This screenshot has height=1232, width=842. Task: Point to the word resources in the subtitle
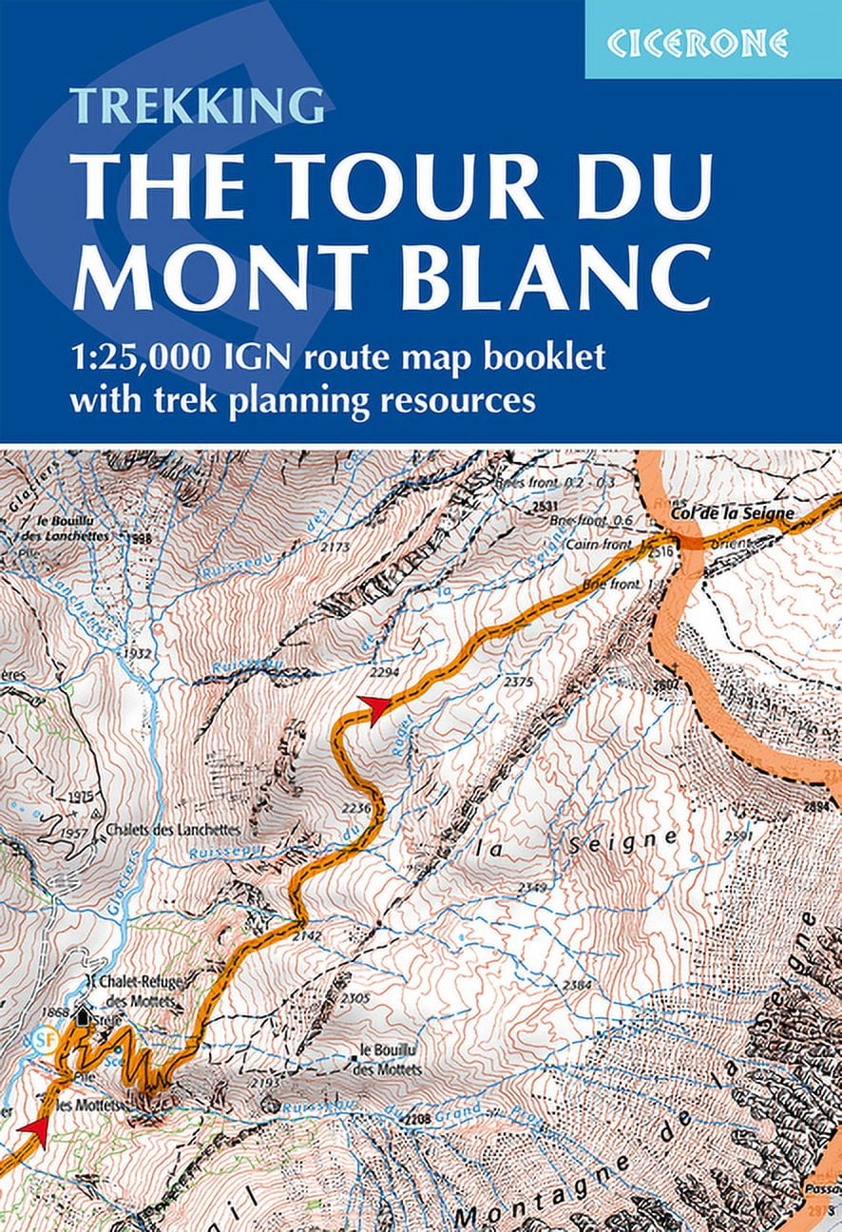(459, 399)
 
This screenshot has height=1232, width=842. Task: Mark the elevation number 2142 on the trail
(307, 935)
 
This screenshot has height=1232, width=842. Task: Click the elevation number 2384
(578, 985)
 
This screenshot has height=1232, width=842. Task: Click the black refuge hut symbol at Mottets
(85, 1016)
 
